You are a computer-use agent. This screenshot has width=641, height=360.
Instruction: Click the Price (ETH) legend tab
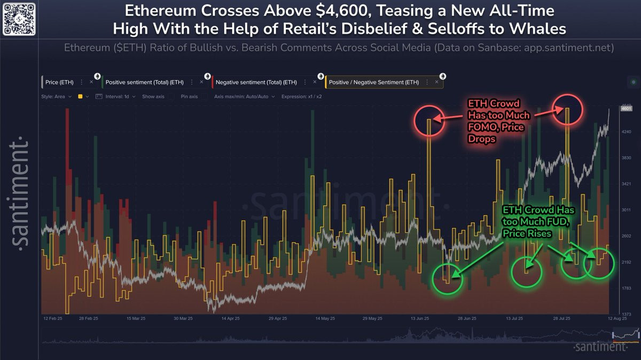pyautogui.click(x=60, y=82)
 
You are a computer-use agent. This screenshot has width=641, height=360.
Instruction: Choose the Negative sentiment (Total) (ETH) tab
pyautogui.click(x=256, y=82)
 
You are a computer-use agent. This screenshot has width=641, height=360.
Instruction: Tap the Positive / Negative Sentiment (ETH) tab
pyautogui.click(x=374, y=82)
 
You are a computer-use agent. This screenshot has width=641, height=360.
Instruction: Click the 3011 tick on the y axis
pyautogui.click(x=626, y=210)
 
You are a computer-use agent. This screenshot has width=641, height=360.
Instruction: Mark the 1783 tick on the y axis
pyautogui.click(x=626, y=288)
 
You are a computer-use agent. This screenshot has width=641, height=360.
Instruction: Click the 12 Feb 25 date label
pyautogui.click(x=53, y=318)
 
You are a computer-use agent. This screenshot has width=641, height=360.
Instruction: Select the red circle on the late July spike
pyautogui.click(x=567, y=109)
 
